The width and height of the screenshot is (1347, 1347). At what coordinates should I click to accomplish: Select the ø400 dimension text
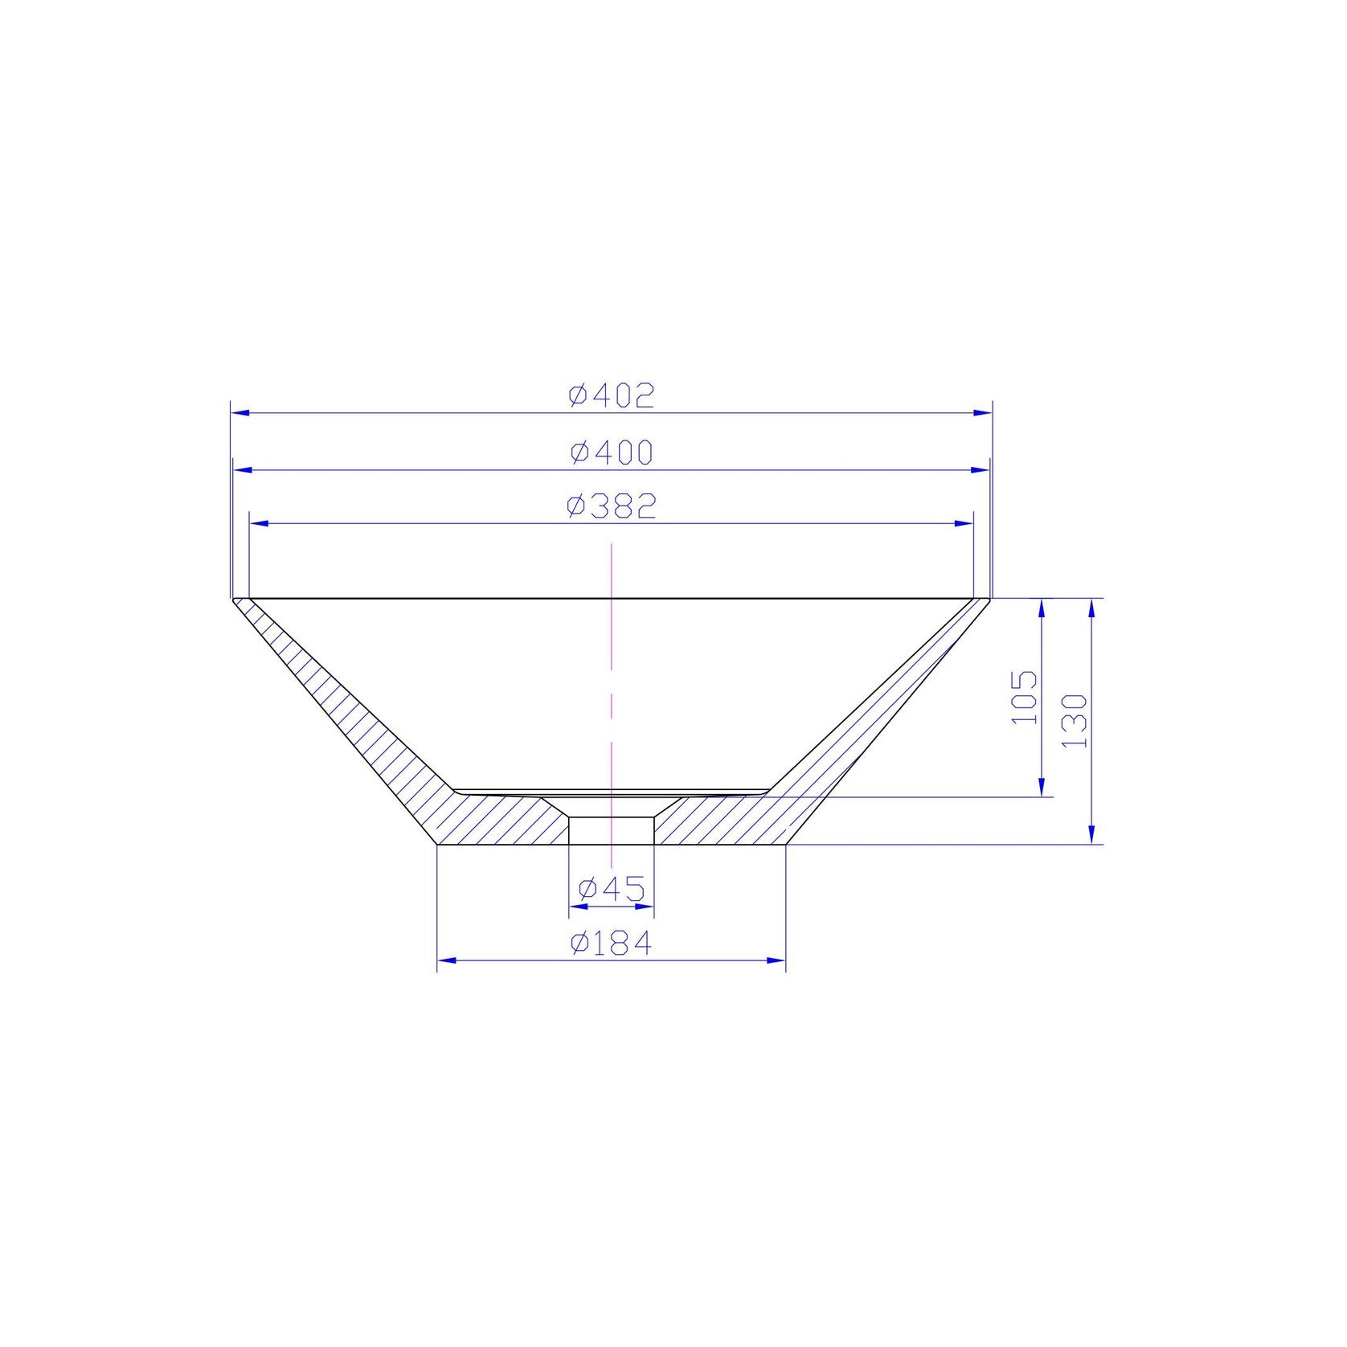tap(612, 452)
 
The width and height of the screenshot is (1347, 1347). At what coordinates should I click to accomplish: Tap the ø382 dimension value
tap(612, 506)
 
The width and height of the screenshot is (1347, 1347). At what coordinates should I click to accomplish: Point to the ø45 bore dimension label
tap(612, 889)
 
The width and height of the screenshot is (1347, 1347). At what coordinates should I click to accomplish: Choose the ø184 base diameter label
tap(611, 944)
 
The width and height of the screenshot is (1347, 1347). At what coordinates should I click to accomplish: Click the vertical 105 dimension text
tap(1024, 697)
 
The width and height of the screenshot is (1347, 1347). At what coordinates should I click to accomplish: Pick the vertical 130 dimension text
tap(1075, 721)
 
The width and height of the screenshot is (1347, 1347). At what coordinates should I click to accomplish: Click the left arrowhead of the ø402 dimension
tap(240, 412)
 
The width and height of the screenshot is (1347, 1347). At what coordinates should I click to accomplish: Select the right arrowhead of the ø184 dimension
tap(776, 960)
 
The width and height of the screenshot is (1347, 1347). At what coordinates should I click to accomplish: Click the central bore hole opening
tap(611, 830)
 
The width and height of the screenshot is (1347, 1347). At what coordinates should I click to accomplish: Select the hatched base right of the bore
tap(715, 824)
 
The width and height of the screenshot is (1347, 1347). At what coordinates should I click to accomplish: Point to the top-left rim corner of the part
tap(232, 599)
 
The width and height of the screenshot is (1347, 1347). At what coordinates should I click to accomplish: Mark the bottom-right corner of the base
tap(785, 845)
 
